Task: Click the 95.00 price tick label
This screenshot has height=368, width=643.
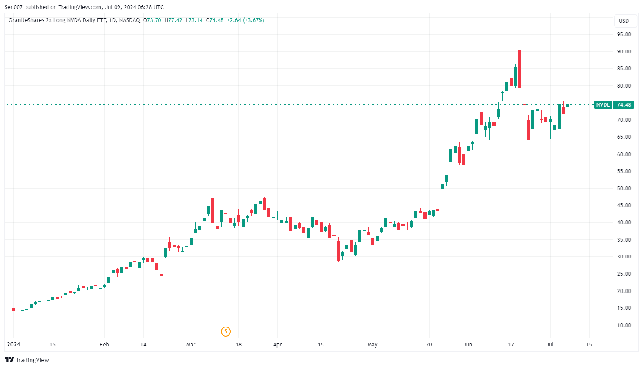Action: point(624,35)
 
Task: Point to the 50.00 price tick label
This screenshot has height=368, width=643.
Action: point(624,189)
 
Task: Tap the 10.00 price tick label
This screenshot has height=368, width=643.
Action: point(624,325)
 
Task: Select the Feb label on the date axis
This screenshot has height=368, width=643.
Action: point(104,345)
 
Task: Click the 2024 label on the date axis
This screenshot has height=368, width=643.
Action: point(14,345)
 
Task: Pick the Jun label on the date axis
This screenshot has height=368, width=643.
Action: point(468,345)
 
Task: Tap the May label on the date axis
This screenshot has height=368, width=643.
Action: point(373,345)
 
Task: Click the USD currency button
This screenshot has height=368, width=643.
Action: point(624,21)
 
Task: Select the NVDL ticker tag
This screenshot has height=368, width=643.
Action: point(603,105)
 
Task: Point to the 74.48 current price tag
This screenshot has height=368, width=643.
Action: point(624,105)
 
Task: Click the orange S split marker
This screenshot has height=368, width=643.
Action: point(226,331)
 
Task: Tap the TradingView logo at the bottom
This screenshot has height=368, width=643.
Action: point(27,360)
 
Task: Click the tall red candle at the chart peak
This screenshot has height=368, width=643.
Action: point(520,69)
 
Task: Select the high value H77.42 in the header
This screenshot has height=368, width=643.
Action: point(173,20)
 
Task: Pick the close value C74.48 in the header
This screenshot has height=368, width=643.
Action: point(215,20)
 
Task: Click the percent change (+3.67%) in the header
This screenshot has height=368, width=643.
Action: point(254,20)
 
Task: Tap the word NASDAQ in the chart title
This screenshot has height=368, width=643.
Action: point(129,20)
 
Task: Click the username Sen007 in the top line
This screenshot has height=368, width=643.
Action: point(14,7)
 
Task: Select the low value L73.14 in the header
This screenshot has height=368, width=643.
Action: point(194,20)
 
